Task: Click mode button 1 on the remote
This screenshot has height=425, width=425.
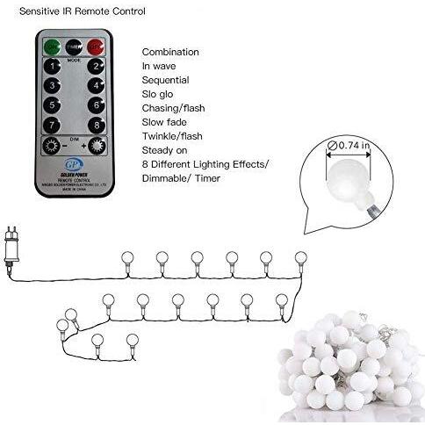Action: [54, 66]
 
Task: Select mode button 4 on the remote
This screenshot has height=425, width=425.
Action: [95, 85]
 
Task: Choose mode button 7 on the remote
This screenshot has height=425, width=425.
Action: [54, 124]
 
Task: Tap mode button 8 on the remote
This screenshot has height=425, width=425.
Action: [95, 124]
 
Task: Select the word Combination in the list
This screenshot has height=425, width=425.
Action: [170, 52]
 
